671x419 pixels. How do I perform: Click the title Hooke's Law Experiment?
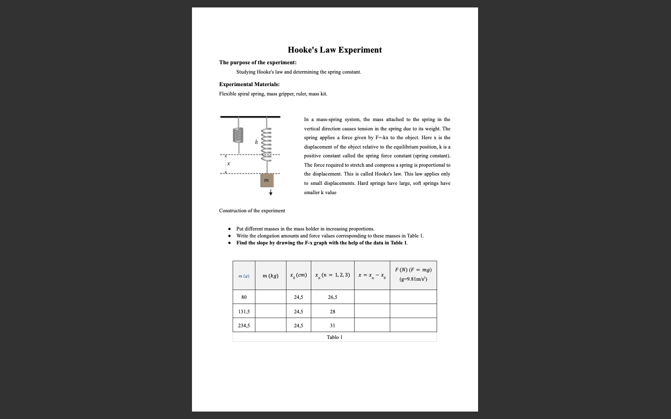pyautogui.click(x=335, y=50)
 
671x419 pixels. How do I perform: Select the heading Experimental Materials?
pyautogui.click(x=249, y=84)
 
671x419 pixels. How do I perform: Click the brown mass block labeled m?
pyautogui.click(x=266, y=180)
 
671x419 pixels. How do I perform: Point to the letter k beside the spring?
pyautogui.click(x=256, y=142)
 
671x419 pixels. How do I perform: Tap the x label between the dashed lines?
pyautogui.click(x=228, y=164)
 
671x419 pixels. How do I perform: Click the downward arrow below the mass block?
pyautogui.click(x=270, y=192)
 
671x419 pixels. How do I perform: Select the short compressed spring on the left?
pyautogui.click(x=239, y=135)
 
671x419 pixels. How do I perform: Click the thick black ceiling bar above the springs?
pyautogui.click(x=250, y=117)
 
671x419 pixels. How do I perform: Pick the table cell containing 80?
pyautogui.click(x=244, y=297)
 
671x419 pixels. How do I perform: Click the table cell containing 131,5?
pyautogui.click(x=244, y=311)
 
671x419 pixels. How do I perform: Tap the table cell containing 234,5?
pyautogui.click(x=244, y=325)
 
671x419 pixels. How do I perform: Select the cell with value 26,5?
pyautogui.click(x=333, y=297)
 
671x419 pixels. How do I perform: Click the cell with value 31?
pyautogui.click(x=333, y=325)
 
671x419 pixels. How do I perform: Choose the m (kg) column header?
pyautogui.click(x=270, y=276)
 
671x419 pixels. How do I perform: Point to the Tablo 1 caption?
pyautogui.click(x=335, y=337)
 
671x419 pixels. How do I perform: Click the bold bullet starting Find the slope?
pyautogui.click(x=322, y=243)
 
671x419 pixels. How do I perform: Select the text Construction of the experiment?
pyautogui.click(x=252, y=210)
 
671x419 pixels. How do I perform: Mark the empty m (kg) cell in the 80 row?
pyautogui.click(x=270, y=297)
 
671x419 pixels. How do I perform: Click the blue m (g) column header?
pyautogui.click(x=244, y=276)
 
